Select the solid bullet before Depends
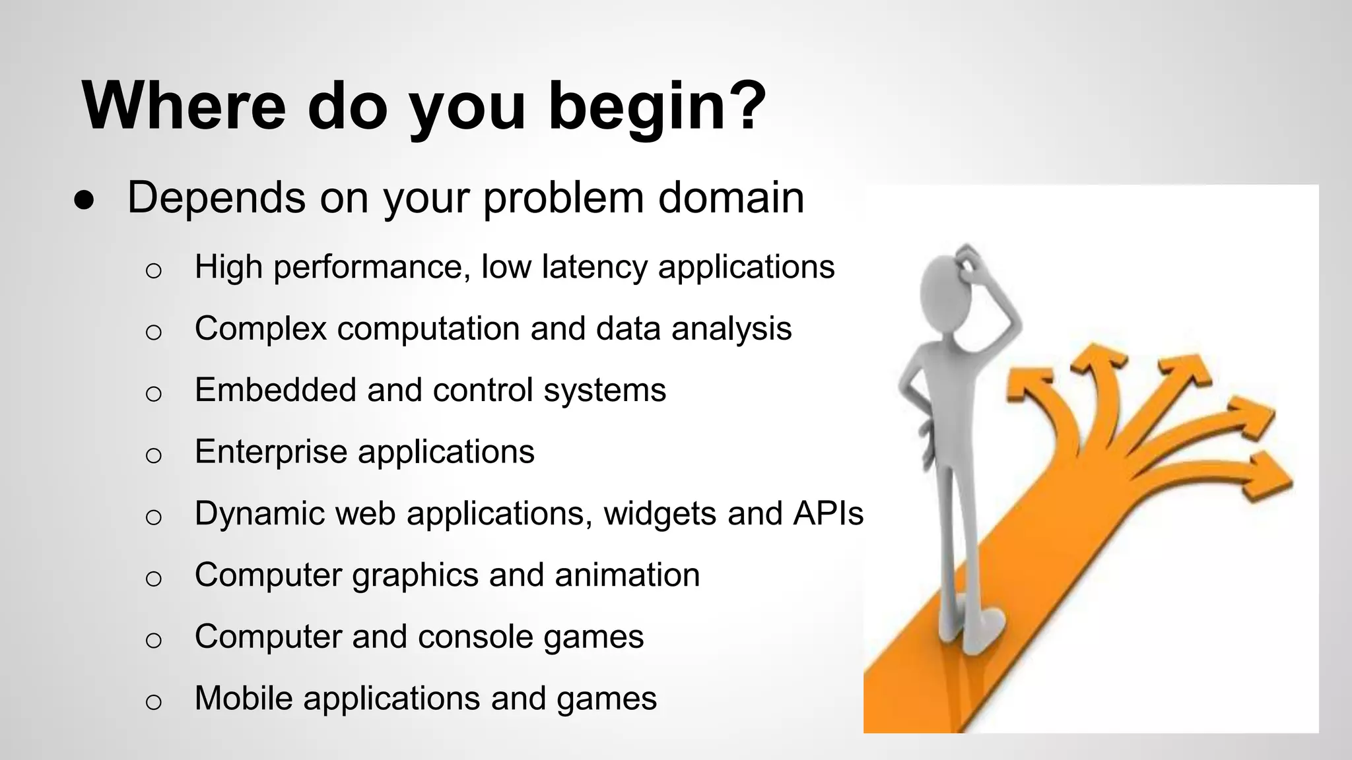coord(84,201)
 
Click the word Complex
coord(261,329)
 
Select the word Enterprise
coord(271,453)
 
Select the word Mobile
coord(244,698)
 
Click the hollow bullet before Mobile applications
coord(153,701)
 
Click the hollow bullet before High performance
coord(153,270)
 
